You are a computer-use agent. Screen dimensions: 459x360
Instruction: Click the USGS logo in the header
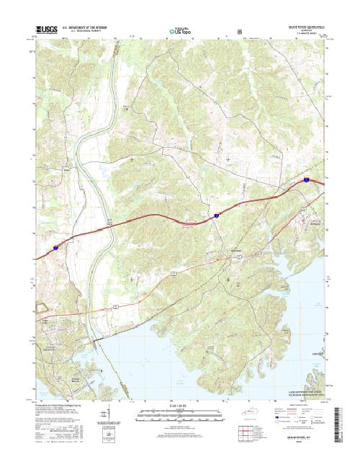click(45, 32)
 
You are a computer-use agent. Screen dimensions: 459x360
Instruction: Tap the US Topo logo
click(180, 32)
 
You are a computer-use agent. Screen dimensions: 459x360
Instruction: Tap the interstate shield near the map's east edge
click(306, 182)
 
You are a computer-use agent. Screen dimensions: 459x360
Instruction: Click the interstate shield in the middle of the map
click(214, 214)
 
